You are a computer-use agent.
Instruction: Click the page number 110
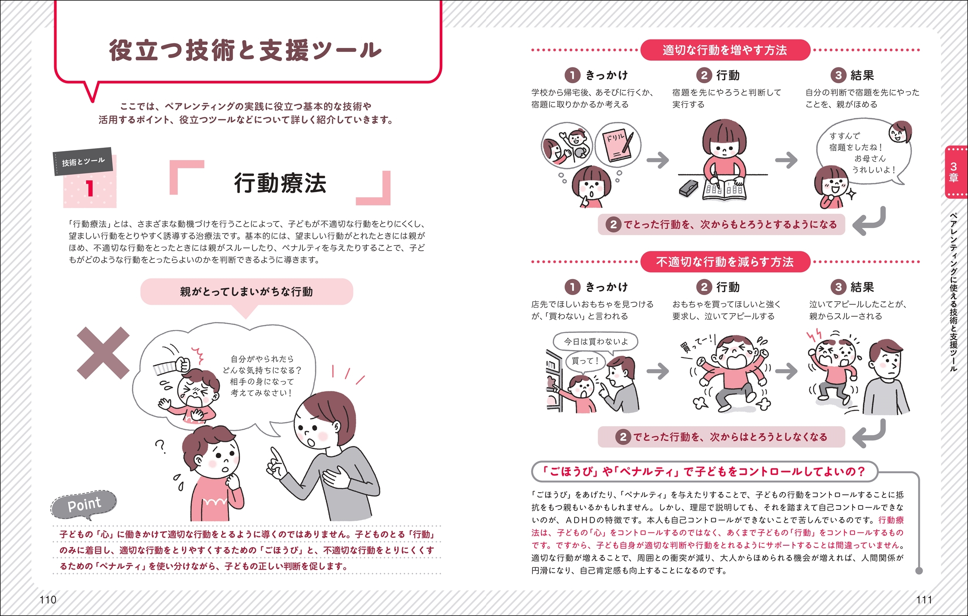pyautogui.click(x=48, y=599)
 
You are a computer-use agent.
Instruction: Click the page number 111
pyautogui.click(x=924, y=599)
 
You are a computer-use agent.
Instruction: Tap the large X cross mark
pyautogui.click(x=103, y=353)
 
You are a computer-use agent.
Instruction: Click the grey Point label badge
pyautogui.click(x=84, y=504)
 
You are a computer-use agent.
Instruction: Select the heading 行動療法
pyautogui.click(x=280, y=183)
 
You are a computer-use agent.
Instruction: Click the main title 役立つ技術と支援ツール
pyautogui.click(x=245, y=50)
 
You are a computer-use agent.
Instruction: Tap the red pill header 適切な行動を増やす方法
pyautogui.click(x=725, y=50)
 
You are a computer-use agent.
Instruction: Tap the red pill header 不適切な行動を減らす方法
pyautogui.click(x=725, y=262)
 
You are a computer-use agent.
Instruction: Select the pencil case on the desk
pyautogui.click(x=690, y=187)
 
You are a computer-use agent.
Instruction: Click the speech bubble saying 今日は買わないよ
pyautogui.click(x=596, y=342)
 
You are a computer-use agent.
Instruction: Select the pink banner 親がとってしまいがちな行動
pyautogui.click(x=246, y=292)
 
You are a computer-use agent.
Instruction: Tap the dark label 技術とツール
pyautogui.click(x=83, y=162)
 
